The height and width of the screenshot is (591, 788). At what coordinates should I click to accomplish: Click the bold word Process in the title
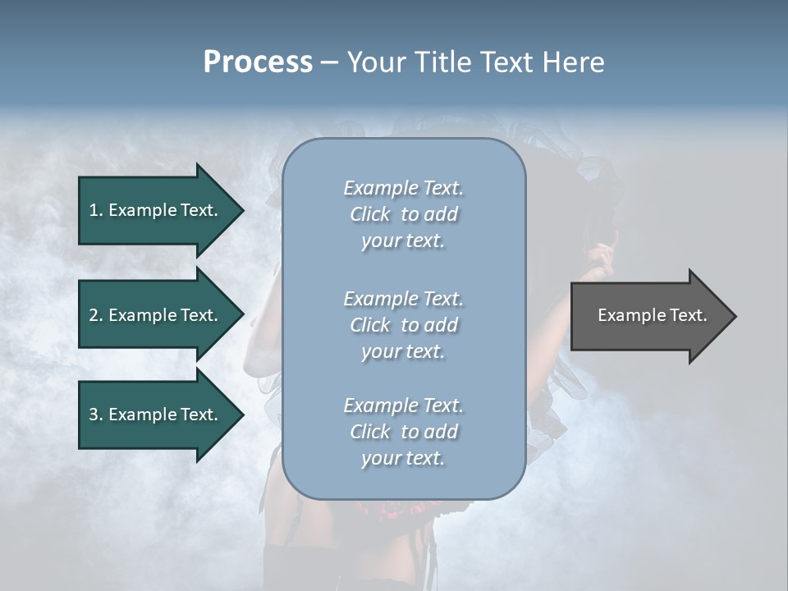click(258, 62)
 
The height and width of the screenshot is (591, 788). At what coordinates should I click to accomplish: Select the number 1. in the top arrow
click(96, 210)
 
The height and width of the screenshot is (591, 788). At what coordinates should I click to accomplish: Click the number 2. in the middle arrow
click(96, 315)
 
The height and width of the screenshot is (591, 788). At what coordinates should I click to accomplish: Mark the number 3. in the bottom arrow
click(96, 415)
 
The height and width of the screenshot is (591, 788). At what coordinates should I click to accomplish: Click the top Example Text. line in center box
click(403, 188)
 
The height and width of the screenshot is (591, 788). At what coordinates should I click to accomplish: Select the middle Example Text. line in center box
click(403, 299)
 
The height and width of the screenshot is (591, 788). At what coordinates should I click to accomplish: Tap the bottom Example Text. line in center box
click(403, 405)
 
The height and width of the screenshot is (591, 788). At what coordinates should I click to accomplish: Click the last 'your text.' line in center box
click(403, 458)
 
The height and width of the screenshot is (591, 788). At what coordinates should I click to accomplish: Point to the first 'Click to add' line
click(403, 214)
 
